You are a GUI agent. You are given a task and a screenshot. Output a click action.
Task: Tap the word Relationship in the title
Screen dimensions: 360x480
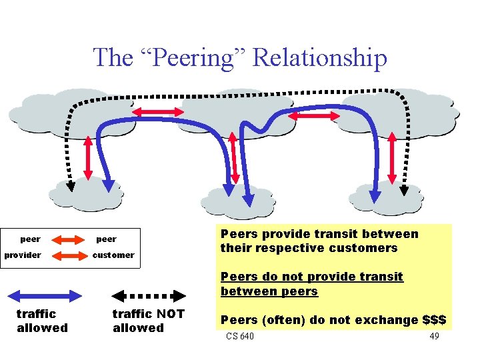[x=320, y=58]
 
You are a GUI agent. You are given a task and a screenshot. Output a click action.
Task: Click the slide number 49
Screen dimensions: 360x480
[x=434, y=336]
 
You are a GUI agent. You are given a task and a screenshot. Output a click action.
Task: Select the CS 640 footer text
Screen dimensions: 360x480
[x=240, y=336]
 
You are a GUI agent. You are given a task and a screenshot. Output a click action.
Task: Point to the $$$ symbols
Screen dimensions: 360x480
[x=434, y=320]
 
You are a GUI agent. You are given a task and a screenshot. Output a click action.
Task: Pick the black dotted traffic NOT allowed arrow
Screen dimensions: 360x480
[x=147, y=296]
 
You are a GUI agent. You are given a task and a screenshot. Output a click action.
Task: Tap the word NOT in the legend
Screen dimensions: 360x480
[x=169, y=313]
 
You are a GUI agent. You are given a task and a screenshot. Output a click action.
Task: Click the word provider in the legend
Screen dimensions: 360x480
[x=23, y=255]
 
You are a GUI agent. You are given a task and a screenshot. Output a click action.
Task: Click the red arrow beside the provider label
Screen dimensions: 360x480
[x=65, y=255]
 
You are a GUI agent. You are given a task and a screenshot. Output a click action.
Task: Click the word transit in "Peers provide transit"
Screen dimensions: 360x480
[x=319, y=234]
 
